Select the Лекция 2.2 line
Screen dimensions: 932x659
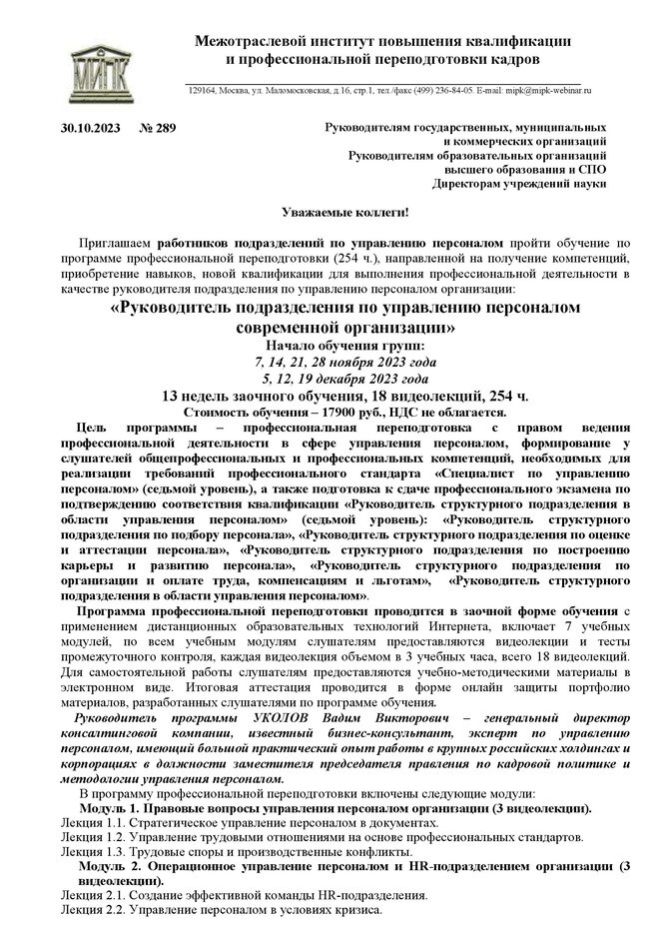[x=219, y=911]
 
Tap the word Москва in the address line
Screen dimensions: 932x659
[x=241, y=90]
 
